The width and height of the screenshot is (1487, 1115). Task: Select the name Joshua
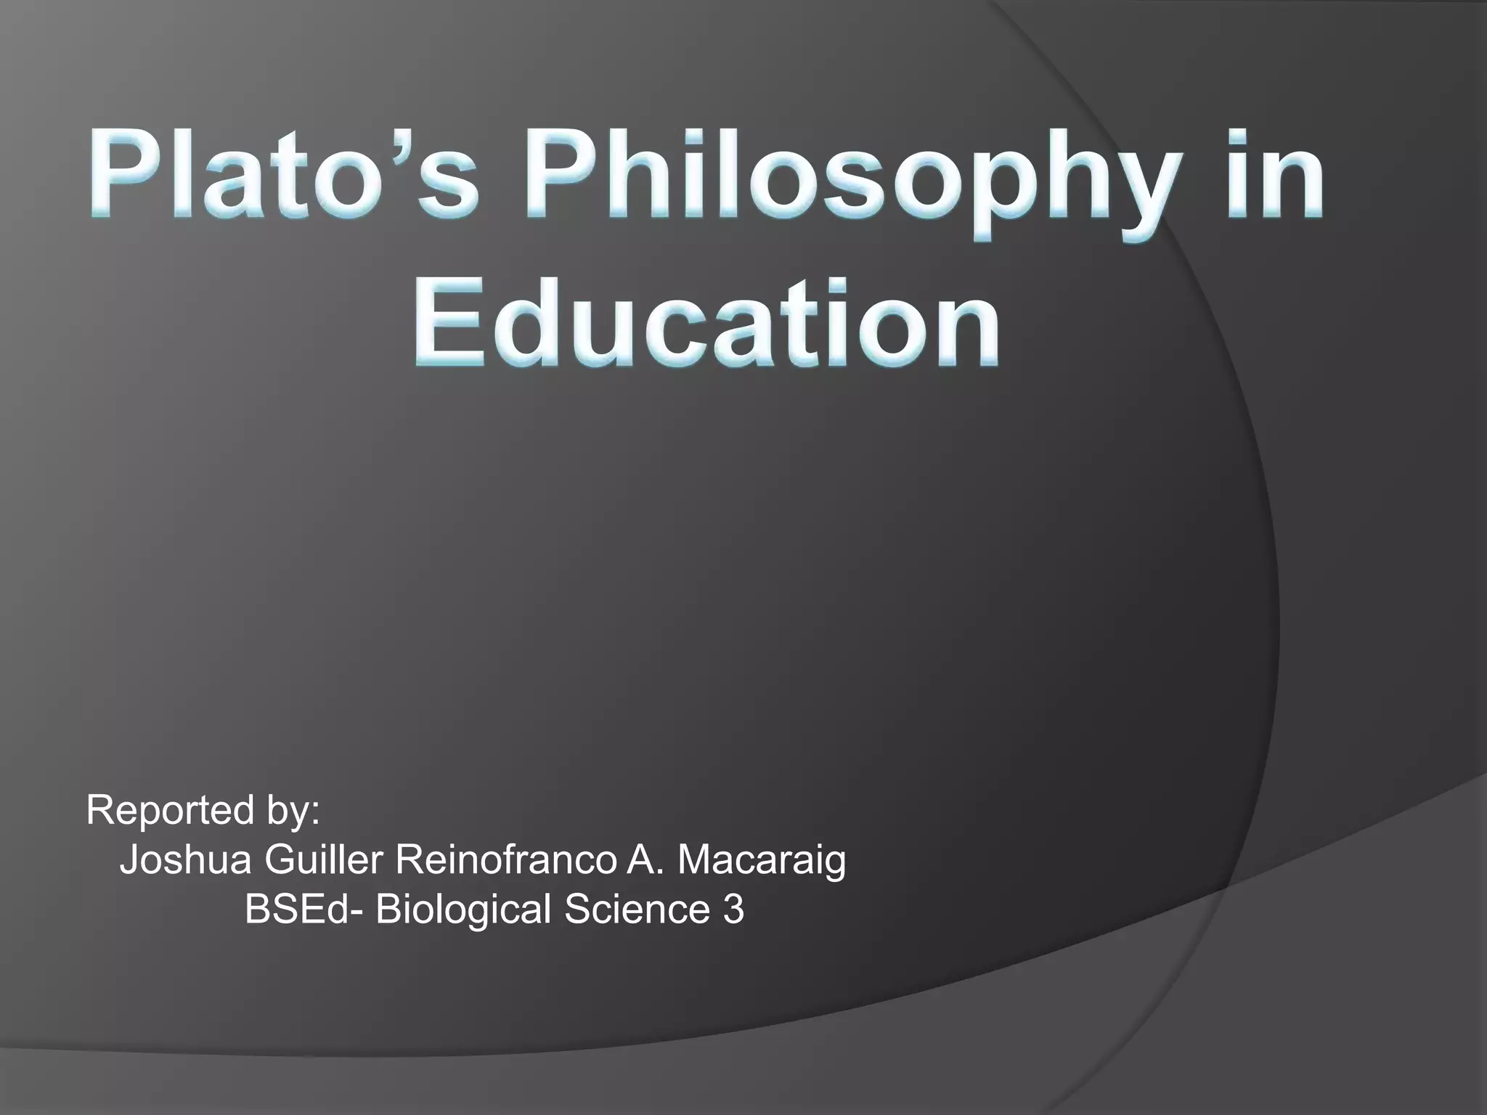[185, 860]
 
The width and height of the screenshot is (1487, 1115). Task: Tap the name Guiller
[324, 860]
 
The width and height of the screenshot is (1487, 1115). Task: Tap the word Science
[636, 909]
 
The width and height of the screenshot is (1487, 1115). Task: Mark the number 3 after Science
[733, 909]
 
